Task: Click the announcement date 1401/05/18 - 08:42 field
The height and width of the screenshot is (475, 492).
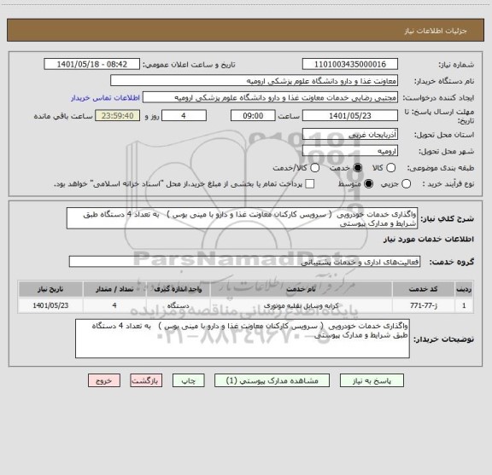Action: point(90,65)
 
